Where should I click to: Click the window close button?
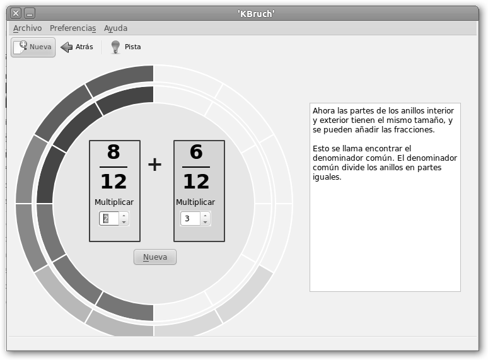(16, 13)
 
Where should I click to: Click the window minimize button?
(30, 13)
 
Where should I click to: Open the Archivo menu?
(27, 28)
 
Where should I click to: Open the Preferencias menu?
(73, 28)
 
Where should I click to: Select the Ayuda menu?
(115, 28)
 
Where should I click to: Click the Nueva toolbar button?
(33, 47)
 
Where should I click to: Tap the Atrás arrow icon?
(66, 47)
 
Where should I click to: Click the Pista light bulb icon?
(115, 47)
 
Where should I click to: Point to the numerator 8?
(113, 151)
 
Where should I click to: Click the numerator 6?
(196, 151)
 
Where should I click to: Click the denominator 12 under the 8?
(113, 181)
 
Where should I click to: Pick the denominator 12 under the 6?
(196, 181)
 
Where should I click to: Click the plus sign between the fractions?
(154, 165)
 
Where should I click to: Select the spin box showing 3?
(195, 218)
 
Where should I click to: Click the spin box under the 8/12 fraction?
(114, 218)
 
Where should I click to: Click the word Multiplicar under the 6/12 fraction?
(195, 202)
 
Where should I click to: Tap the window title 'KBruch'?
(256, 14)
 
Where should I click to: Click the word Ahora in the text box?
(323, 111)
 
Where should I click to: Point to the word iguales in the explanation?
(327, 177)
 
